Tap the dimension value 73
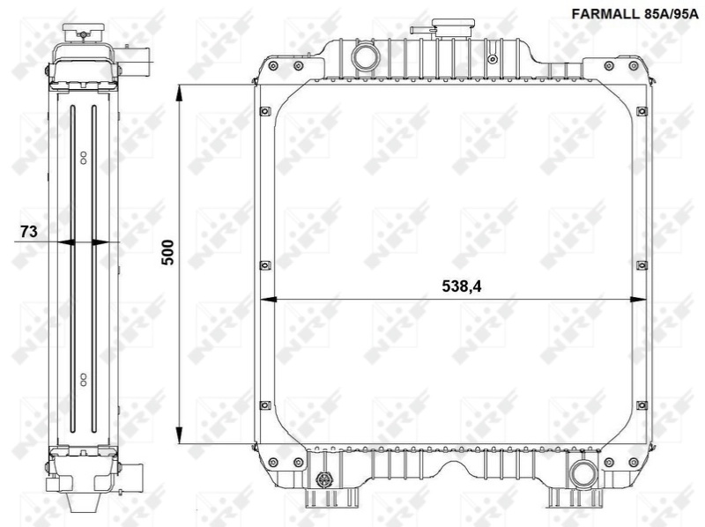(x=27, y=232)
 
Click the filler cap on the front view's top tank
(x=424, y=31)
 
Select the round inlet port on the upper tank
(x=364, y=57)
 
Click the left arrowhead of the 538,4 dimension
(x=269, y=300)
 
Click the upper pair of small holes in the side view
(x=84, y=158)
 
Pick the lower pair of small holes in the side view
(x=84, y=379)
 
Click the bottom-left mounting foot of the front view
(x=317, y=498)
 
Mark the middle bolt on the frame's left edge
(x=263, y=263)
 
